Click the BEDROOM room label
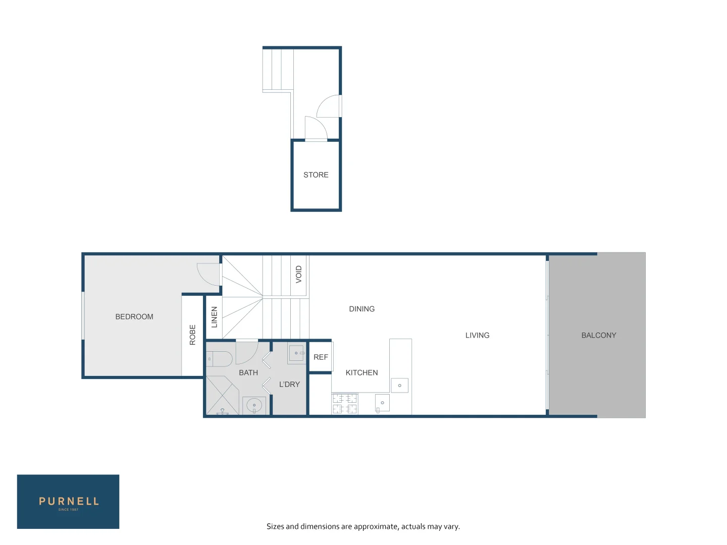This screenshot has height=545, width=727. tap(134, 317)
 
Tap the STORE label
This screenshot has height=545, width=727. tap(316, 175)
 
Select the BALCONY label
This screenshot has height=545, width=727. tap(599, 336)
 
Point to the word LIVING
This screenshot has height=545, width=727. tap(477, 336)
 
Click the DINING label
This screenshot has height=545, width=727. tap(362, 309)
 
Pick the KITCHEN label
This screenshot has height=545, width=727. tap(361, 373)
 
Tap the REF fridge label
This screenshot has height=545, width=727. tap(321, 357)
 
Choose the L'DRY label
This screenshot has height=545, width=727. tap(289, 385)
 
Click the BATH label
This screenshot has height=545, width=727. tap(248, 373)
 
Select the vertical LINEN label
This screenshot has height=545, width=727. tap(214, 317)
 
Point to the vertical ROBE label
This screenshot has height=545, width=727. tap(192, 335)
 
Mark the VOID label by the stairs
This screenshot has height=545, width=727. tap(299, 274)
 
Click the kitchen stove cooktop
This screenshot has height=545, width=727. tap(345, 404)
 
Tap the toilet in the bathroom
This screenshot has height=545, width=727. tap(219, 359)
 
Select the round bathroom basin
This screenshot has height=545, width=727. tap(254, 405)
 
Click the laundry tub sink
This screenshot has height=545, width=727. tap(296, 353)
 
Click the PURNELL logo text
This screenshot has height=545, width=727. tap(69, 501)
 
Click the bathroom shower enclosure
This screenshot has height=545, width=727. tap(222, 396)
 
